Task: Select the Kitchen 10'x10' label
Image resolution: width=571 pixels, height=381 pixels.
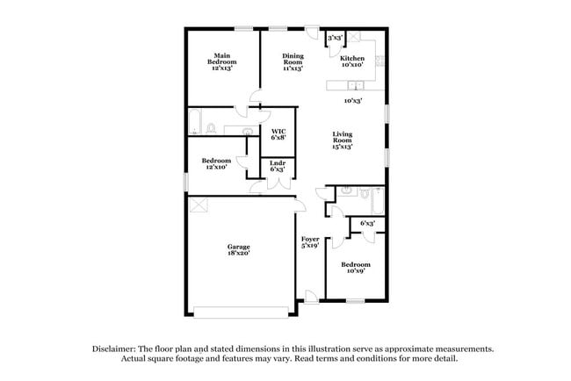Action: tap(352, 62)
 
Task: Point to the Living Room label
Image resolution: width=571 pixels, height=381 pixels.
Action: tap(342, 141)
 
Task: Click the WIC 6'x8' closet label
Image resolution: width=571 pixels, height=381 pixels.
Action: tap(278, 134)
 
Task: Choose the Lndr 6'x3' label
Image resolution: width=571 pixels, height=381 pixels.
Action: tap(277, 166)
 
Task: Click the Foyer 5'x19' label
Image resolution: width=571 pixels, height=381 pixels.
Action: tap(310, 242)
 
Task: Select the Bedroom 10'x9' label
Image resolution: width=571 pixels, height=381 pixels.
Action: tap(356, 268)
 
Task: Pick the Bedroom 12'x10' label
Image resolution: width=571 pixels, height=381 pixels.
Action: tap(216, 164)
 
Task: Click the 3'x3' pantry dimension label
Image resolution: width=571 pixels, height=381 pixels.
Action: tap(335, 40)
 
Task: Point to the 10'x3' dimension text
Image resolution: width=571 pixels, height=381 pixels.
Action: tap(353, 101)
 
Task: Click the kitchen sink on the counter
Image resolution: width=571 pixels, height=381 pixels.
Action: tap(355, 85)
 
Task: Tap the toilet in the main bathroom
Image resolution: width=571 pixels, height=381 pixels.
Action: tap(212, 129)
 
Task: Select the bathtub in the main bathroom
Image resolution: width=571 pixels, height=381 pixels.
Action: tap(194, 124)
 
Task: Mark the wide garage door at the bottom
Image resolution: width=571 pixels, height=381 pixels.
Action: tap(241, 310)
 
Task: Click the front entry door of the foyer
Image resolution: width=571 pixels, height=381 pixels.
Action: tap(310, 298)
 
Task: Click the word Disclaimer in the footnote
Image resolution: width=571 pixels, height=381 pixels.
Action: tap(117, 349)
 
